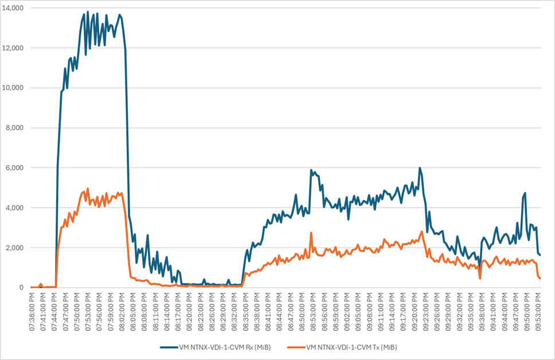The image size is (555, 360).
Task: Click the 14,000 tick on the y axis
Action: pyautogui.click(x=13, y=8)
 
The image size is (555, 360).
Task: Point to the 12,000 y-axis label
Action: pyautogui.click(x=13, y=48)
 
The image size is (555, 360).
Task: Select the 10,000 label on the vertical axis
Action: pyautogui.click(x=13, y=88)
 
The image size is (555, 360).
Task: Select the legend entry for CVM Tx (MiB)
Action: pyautogui.click(x=351, y=347)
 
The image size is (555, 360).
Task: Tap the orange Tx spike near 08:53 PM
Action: pyautogui.click(x=311, y=233)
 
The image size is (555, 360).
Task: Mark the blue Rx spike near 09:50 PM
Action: pyautogui.click(x=525, y=194)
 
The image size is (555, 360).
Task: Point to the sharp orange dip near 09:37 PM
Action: pyautogui.click(x=480, y=278)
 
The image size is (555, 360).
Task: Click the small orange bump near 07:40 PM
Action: pyautogui.click(x=41, y=284)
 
